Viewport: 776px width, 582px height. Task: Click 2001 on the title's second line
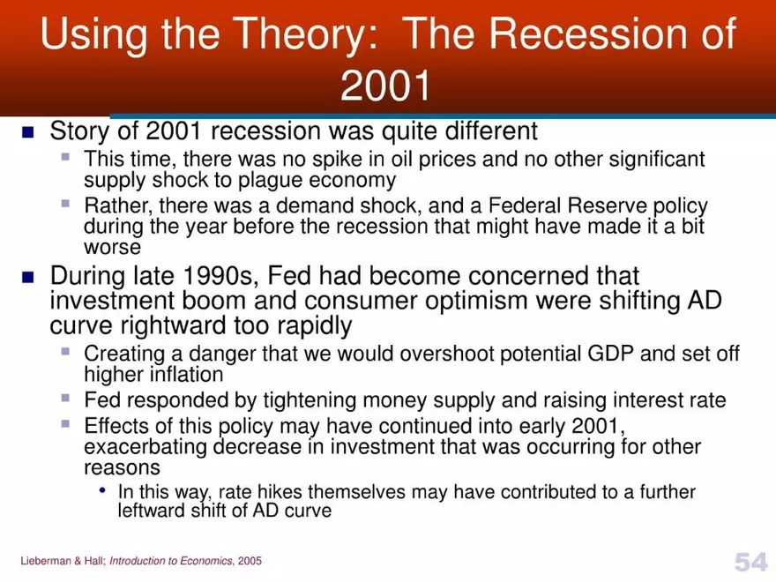point(386,86)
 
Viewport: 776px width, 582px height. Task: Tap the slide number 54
point(750,561)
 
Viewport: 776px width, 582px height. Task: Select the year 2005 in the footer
point(250,561)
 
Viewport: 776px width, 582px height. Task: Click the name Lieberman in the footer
point(41,561)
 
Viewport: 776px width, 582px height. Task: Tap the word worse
point(112,247)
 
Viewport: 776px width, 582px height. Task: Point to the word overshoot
point(450,354)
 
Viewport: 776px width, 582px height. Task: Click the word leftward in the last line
point(150,511)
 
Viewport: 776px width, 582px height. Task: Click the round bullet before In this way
point(105,491)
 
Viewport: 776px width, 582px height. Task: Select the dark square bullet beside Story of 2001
point(26,132)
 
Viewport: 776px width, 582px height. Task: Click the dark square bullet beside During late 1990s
point(26,276)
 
